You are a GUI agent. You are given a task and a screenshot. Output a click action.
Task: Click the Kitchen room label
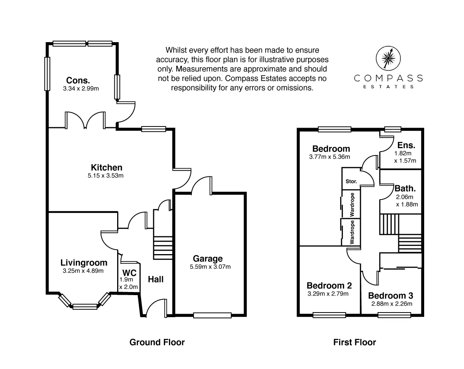tap(106, 167)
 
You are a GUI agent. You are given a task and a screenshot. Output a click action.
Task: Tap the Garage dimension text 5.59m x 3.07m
tap(210, 267)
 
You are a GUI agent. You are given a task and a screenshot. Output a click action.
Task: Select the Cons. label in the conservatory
tap(78, 80)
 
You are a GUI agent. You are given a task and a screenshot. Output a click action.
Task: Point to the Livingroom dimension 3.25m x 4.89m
tap(83, 271)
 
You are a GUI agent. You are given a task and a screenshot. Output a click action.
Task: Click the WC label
tap(130, 273)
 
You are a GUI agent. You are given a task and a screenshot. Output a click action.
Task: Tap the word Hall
tap(156, 280)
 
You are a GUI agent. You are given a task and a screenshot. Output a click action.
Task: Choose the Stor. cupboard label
tap(351, 181)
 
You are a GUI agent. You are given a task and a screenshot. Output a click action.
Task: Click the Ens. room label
tap(406, 145)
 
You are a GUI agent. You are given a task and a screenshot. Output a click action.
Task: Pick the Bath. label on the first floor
tap(405, 188)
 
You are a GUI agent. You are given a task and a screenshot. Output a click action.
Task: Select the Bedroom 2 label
tap(329, 285)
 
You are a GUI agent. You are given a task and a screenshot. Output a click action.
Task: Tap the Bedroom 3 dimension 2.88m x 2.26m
tap(392, 304)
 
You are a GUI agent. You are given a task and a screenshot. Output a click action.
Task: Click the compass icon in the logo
tap(388, 58)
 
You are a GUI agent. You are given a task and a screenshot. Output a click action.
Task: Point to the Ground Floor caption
tap(157, 342)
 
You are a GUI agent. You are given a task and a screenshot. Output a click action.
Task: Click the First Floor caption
tap(355, 342)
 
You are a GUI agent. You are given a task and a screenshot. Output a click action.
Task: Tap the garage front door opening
tap(212, 316)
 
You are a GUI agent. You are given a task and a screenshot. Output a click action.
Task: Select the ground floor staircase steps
tap(163, 248)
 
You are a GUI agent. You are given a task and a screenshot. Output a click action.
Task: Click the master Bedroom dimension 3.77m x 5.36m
tap(329, 157)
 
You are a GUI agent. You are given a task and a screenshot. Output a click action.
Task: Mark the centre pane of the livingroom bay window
tap(85, 307)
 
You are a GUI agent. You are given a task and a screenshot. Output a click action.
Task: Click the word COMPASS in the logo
tap(388, 78)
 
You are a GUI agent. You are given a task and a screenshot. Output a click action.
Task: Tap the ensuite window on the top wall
tap(393, 129)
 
